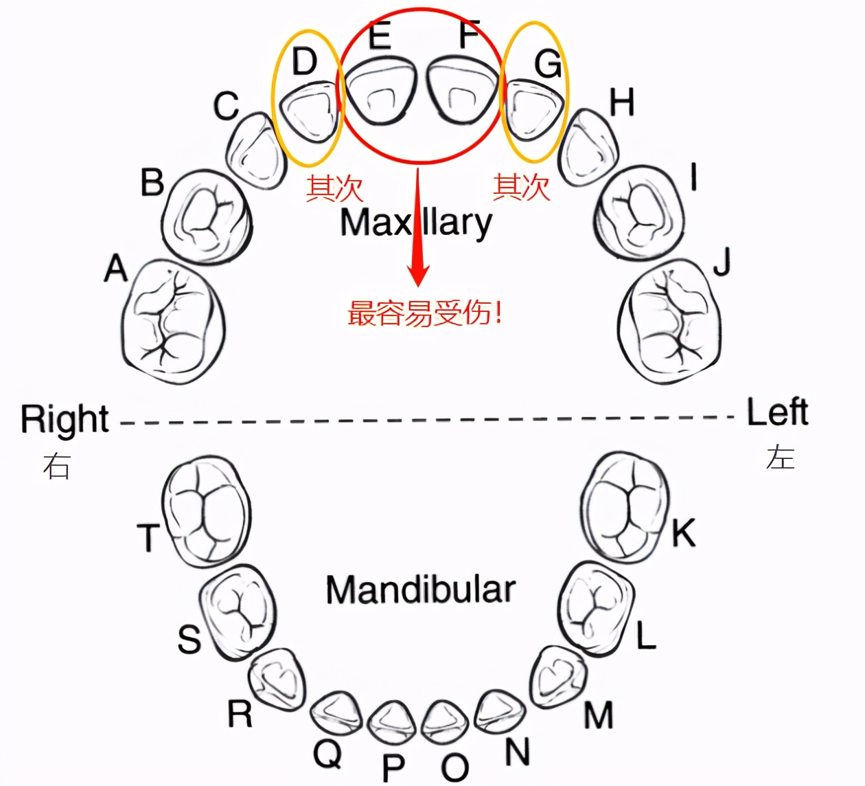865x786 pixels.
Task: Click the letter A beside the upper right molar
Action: point(116,268)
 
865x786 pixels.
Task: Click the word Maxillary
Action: point(416,223)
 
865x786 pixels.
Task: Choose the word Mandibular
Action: point(420,590)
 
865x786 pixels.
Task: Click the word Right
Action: point(65,419)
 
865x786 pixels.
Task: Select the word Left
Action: point(777,412)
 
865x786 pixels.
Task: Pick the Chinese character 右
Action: point(56,466)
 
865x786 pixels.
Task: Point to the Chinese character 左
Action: point(781,457)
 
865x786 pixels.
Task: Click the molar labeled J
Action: point(669,321)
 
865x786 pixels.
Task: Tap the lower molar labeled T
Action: point(206,512)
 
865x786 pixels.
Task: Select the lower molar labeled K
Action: point(625,505)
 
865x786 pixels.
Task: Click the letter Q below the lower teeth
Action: point(327,754)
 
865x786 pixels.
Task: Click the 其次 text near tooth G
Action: point(522,187)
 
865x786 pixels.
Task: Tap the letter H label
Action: point(622,103)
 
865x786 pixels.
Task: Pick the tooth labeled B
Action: point(207,216)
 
